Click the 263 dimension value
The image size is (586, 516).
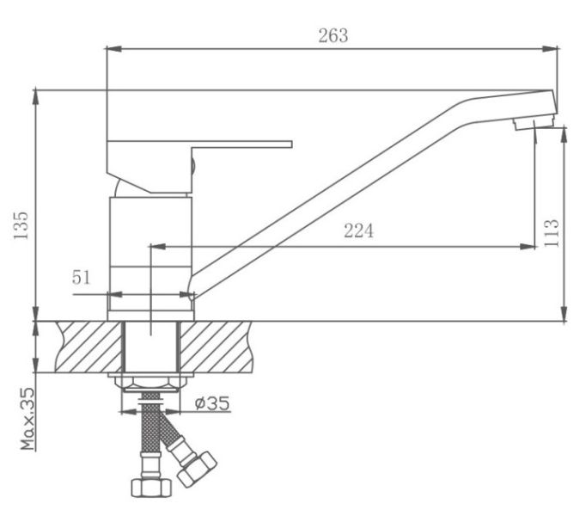333,36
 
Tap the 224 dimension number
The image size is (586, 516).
358,230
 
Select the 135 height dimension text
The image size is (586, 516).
21,225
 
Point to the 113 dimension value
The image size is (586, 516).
552,233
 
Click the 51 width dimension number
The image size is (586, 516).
81,278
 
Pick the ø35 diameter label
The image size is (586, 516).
212,403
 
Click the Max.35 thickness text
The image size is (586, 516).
27,419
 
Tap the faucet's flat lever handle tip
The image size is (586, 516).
290,144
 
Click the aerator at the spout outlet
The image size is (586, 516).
534,123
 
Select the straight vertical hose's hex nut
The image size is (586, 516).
151,488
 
